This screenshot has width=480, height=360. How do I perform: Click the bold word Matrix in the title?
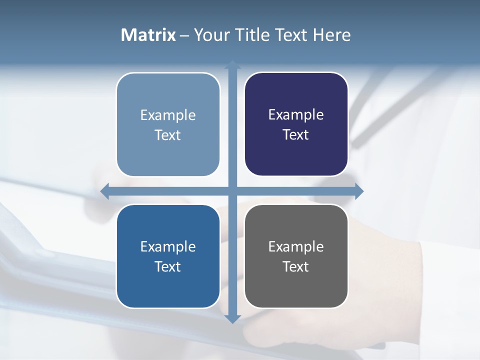click(148, 35)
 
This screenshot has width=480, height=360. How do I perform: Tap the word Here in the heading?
click(331, 35)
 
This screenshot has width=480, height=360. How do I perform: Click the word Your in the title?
click(211, 35)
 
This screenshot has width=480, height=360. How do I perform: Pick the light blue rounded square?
click(168, 124)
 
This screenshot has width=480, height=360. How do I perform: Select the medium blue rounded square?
click(168, 256)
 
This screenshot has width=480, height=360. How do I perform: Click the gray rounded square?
click(296, 256)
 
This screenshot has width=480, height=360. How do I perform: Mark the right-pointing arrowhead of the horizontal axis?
click(359, 191)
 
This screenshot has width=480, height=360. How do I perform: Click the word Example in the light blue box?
click(168, 115)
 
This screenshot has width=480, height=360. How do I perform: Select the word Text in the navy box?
click(296, 134)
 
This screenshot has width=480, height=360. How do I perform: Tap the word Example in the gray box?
click(296, 246)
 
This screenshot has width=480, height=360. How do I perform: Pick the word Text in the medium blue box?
click(168, 266)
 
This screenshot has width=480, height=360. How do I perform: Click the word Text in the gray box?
click(296, 266)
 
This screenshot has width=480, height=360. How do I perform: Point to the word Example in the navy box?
click(296, 114)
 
